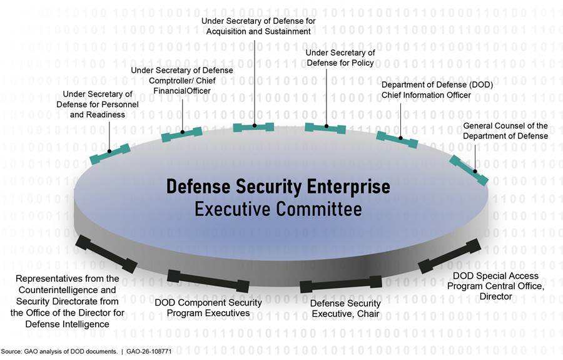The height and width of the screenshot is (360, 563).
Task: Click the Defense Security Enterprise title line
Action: click(278, 187)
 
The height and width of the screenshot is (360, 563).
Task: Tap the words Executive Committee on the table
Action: click(278, 208)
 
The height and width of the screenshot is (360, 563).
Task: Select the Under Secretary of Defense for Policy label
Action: click(340, 58)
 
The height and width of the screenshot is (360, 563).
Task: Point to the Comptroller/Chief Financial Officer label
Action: click(181, 80)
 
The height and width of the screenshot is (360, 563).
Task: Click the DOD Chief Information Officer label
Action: click(426, 90)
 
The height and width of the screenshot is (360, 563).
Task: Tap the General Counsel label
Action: click(505, 131)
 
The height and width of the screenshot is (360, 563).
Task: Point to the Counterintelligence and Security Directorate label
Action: click(68, 301)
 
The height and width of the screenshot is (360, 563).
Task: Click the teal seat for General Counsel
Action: click(469, 170)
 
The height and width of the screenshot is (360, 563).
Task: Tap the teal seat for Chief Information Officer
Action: click(397, 139)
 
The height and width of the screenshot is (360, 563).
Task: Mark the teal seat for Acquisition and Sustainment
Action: click(253, 127)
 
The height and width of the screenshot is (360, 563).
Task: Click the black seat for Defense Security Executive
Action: click(341, 284)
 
